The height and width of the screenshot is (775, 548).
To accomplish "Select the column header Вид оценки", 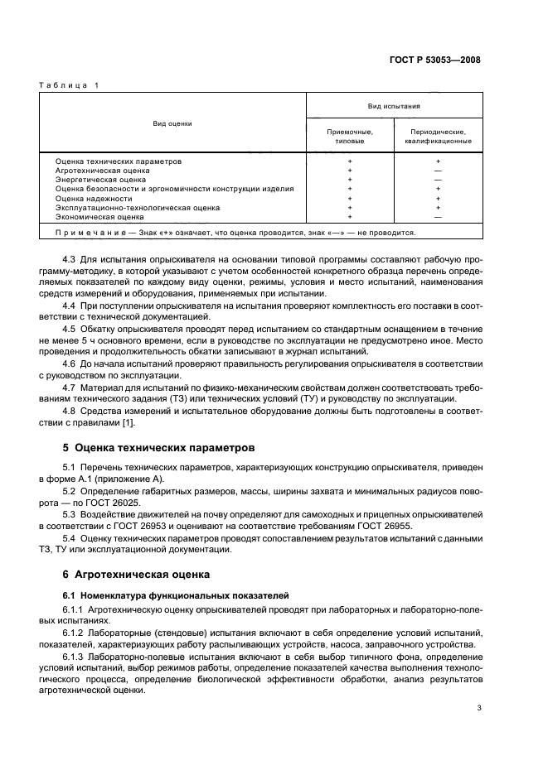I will [x=172, y=123].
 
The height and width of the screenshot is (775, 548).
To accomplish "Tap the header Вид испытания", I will [x=394, y=106].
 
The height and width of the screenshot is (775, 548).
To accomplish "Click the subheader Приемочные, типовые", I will [x=350, y=137].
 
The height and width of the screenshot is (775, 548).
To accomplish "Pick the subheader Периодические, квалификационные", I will [x=438, y=137].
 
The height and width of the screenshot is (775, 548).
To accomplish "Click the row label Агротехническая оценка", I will [x=102, y=171].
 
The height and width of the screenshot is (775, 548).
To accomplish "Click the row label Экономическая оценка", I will [x=99, y=217].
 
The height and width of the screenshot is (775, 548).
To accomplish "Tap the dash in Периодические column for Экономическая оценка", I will [x=438, y=217].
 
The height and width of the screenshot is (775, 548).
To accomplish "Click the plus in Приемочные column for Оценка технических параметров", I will [x=350, y=161].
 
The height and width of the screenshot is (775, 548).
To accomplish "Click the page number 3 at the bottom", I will [x=479, y=708].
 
